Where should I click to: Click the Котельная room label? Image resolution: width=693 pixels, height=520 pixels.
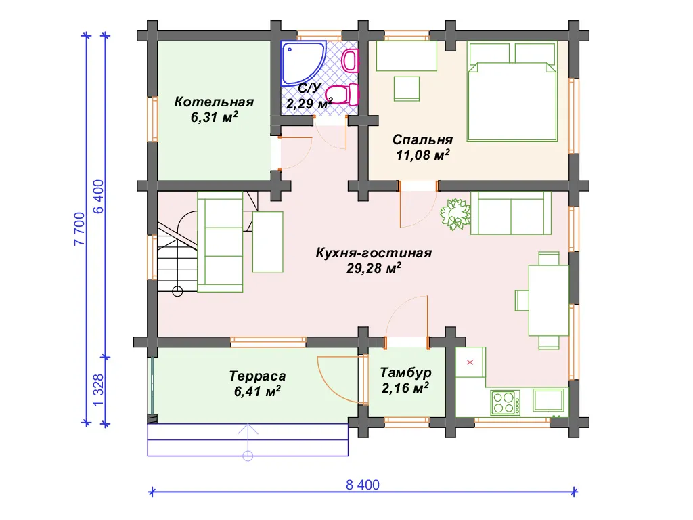[215, 102]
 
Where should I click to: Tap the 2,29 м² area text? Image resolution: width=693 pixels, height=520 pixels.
[309, 104]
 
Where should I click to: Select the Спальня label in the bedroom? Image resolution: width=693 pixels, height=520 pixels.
[422, 139]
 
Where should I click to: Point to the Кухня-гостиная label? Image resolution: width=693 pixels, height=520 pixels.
[374, 253]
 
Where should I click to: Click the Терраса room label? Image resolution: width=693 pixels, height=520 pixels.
[257, 376]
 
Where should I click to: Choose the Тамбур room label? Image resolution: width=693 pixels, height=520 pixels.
[405, 373]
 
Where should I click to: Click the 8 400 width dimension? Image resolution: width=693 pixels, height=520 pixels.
[363, 485]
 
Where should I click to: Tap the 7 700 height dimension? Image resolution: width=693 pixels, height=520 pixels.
[79, 229]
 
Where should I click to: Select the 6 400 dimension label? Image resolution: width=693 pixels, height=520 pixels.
[99, 196]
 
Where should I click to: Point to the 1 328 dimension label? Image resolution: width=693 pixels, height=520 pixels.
[98, 390]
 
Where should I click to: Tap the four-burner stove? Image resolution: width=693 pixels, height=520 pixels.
[505, 402]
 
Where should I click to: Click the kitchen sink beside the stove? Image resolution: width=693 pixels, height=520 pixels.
[548, 399]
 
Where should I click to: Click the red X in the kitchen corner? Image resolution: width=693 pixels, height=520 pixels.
[470, 362]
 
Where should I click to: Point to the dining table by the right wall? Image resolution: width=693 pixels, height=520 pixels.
[549, 300]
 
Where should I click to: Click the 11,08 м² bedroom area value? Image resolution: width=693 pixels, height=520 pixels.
[422, 155]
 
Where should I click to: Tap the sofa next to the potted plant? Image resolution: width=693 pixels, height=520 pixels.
[511, 213]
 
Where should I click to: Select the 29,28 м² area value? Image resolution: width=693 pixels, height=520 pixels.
[374, 268]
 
